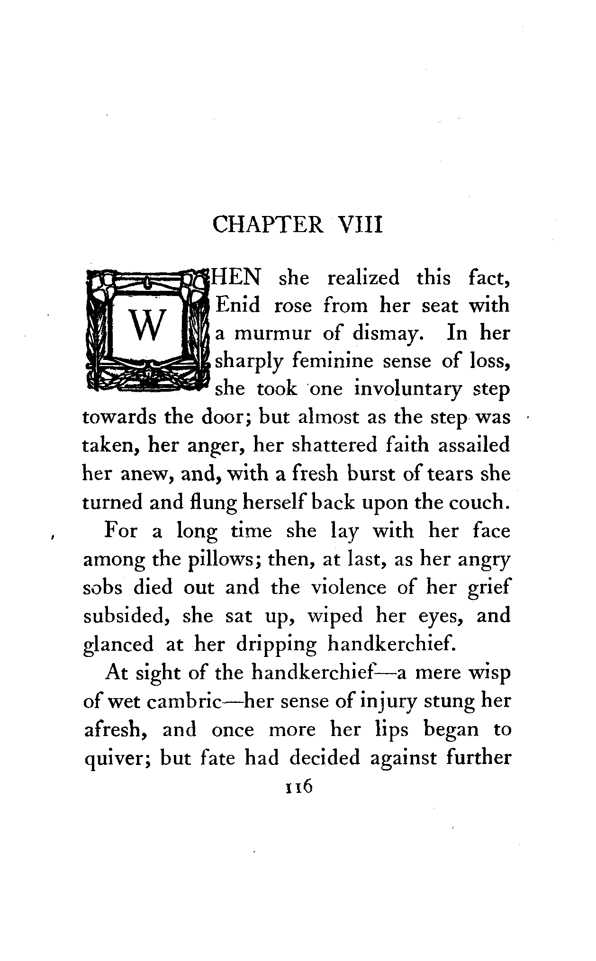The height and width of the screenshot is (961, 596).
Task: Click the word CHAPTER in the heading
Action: (x=268, y=225)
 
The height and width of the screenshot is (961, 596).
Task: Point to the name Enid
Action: (x=238, y=305)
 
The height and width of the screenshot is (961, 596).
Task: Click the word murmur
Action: (x=273, y=334)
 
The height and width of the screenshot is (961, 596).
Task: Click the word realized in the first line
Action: (x=363, y=278)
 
